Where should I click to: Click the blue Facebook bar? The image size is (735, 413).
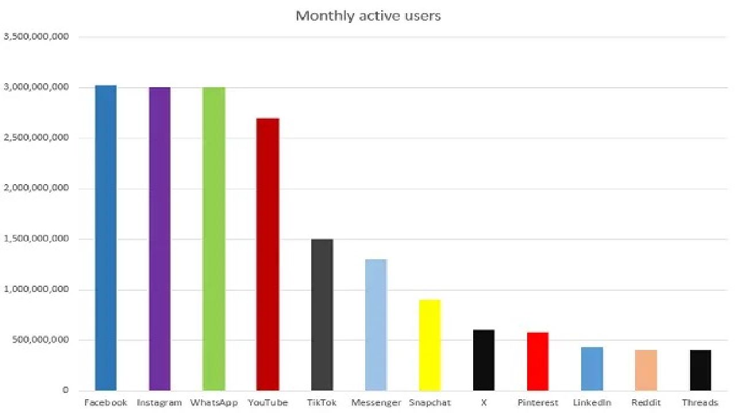click(x=106, y=238)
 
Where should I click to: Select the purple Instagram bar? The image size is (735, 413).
click(x=160, y=239)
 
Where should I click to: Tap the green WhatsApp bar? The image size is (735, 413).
click(x=214, y=239)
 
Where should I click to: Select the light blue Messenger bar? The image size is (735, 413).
click(x=376, y=325)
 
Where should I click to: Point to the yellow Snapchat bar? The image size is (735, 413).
click(x=430, y=345)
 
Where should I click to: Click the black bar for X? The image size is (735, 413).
click(x=484, y=360)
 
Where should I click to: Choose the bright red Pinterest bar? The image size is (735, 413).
click(x=538, y=361)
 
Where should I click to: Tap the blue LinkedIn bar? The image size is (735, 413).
click(x=592, y=368)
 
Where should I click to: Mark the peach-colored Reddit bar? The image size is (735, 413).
click(x=646, y=370)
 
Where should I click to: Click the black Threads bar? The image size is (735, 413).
click(x=701, y=370)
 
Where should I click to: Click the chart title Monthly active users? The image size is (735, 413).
click(x=368, y=15)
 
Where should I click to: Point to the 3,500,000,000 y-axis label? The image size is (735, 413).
click(x=36, y=37)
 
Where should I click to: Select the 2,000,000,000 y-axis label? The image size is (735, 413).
click(x=36, y=188)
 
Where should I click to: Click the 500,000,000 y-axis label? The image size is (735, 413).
click(x=40, y=340)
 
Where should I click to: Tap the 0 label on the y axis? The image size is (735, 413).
click(x=65, y=390)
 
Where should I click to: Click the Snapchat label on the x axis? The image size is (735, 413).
click(x=430, y=403)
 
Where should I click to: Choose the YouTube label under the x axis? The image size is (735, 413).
click(x=268, y=403)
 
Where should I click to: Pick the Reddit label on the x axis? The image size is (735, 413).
click(x=646, y=403)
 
